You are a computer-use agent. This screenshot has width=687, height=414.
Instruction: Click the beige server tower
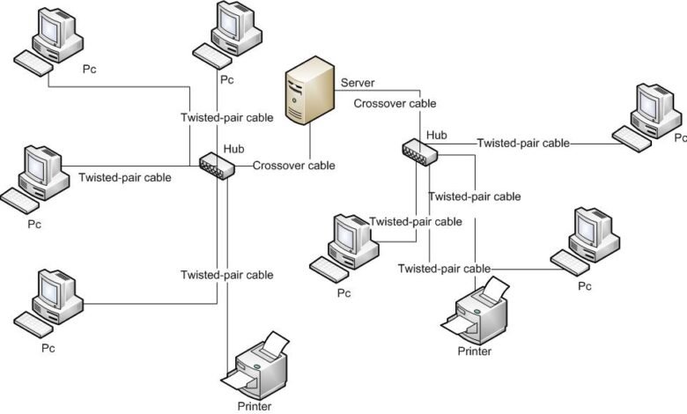310,93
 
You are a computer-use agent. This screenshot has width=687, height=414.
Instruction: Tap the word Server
358,83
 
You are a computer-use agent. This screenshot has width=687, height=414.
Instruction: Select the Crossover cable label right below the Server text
395,103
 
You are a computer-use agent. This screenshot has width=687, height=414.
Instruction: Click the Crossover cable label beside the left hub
293,166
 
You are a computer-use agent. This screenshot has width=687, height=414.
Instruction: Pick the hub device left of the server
217,166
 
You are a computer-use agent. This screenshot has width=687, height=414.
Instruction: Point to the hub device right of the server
420,152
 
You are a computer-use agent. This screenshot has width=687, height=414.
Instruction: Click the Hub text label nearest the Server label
437,135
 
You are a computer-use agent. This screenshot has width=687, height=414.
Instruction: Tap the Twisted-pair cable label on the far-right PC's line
523,143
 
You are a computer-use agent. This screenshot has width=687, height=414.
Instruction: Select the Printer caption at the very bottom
255,406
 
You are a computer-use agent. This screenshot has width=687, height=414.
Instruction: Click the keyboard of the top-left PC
33,63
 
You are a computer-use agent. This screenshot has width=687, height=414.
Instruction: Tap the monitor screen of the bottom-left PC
49,290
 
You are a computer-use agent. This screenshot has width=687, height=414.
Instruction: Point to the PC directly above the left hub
227,34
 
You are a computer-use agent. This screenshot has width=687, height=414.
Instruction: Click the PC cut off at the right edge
647,117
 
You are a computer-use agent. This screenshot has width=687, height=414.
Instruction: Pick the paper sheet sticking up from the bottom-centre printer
276,344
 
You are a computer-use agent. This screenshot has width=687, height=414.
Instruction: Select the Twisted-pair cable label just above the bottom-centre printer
227,275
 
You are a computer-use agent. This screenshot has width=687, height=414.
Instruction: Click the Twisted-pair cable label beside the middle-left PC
125,177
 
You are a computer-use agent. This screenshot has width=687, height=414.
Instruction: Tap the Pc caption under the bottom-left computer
48,348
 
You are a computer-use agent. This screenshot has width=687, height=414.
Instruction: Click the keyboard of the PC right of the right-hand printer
570,262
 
